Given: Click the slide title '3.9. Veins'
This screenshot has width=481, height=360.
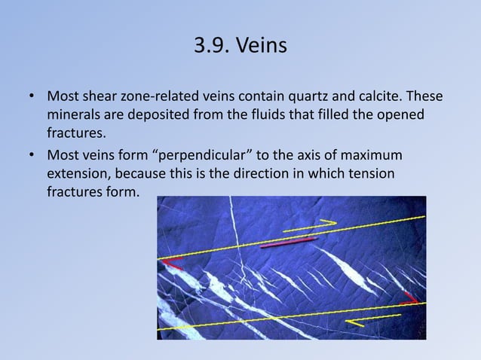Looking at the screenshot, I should point(240,46).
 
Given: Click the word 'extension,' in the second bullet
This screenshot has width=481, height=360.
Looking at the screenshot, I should point(80,174).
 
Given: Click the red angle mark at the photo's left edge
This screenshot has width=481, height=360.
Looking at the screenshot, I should point(173,263).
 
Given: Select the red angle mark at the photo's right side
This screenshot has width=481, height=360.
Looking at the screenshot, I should point(410,297).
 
